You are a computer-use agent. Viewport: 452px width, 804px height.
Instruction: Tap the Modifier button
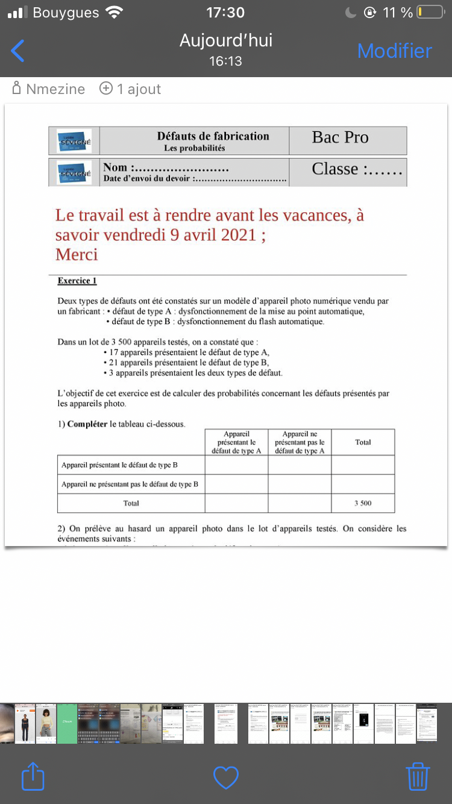[x=394, y=51]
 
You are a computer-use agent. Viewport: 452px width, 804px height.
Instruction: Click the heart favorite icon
[x=226, y=777]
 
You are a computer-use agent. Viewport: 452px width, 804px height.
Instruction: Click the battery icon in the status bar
[x=430, y=13]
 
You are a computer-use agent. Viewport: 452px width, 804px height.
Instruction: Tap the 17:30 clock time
[x=225, y=13]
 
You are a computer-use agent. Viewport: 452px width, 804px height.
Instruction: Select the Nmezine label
[x=55, y=89]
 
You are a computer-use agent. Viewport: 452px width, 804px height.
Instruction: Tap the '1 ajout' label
[x=139, y=89]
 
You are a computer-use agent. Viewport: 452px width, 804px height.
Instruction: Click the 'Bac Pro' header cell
[x=340, y=138]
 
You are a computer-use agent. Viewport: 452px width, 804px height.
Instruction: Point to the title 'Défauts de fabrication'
[x=213, y=136]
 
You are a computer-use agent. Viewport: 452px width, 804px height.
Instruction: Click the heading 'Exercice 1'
[x=77, y=281]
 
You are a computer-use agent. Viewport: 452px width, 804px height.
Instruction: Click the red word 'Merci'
[x=77, y=254]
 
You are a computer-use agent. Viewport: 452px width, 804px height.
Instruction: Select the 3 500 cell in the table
[x=362, y=503]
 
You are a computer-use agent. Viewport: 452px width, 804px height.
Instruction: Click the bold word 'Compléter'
[x=87, y=424]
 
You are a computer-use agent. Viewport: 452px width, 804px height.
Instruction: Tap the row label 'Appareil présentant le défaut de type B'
[x=119, y=465]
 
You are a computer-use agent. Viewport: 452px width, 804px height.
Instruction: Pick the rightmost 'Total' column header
[x=363, y=442]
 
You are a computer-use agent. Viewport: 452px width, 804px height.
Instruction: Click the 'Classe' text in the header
[x=335, y=169]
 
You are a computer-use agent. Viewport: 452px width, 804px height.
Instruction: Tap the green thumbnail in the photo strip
[x=67, y=723]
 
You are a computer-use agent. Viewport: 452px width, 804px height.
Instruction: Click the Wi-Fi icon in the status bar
[x=113, y=13]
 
